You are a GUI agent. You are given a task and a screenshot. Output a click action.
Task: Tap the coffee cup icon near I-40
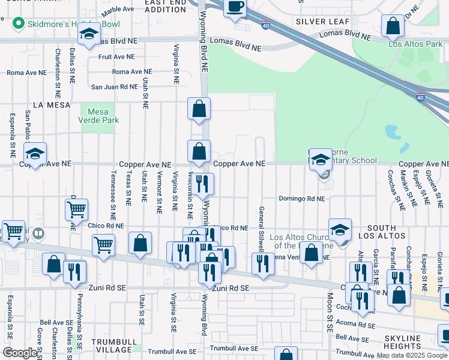(235, 7)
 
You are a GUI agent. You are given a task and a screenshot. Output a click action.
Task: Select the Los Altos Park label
(415, 44)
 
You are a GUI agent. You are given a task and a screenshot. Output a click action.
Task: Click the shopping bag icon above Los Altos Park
(393, 26)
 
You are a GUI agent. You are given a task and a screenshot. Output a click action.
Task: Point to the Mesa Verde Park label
(103, 116)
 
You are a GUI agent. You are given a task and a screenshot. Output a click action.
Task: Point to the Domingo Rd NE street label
(301, 198)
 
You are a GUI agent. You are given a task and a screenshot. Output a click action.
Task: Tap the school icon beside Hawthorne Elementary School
(321, 159)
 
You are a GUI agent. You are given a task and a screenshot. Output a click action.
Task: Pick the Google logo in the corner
(20, 353)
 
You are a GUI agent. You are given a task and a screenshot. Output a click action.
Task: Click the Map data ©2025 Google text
(412, 355)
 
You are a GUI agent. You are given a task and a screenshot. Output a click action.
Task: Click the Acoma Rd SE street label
(357, 325)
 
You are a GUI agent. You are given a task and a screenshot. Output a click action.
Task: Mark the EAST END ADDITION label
(166, 7)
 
